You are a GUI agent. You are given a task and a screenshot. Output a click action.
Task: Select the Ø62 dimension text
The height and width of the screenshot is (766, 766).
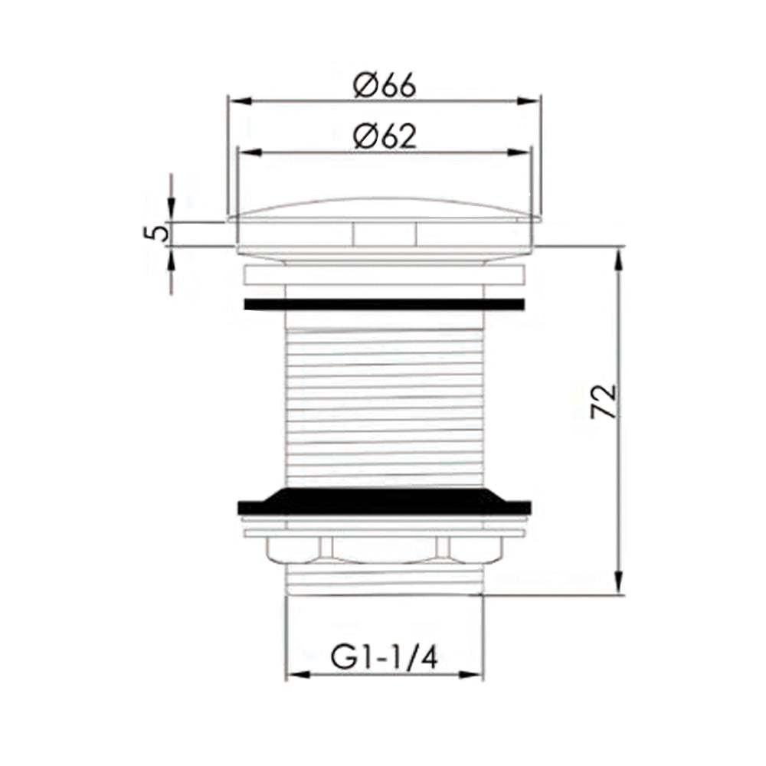pyautogui.click(x=385, y=138)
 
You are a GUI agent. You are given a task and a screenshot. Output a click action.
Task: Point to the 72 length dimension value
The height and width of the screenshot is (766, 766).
pyautogui.click(x=604, y=401)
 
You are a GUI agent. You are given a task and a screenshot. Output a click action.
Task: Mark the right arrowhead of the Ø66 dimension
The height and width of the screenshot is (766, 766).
pyautogui.click(x=530, y=100)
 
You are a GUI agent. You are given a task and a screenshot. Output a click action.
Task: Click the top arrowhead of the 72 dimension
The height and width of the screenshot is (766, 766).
pyautogui.click(x=619, y=257)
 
